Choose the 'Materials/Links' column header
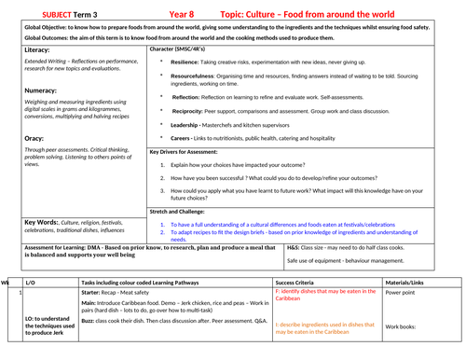tap(410, 281)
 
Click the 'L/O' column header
tap(31, 281)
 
